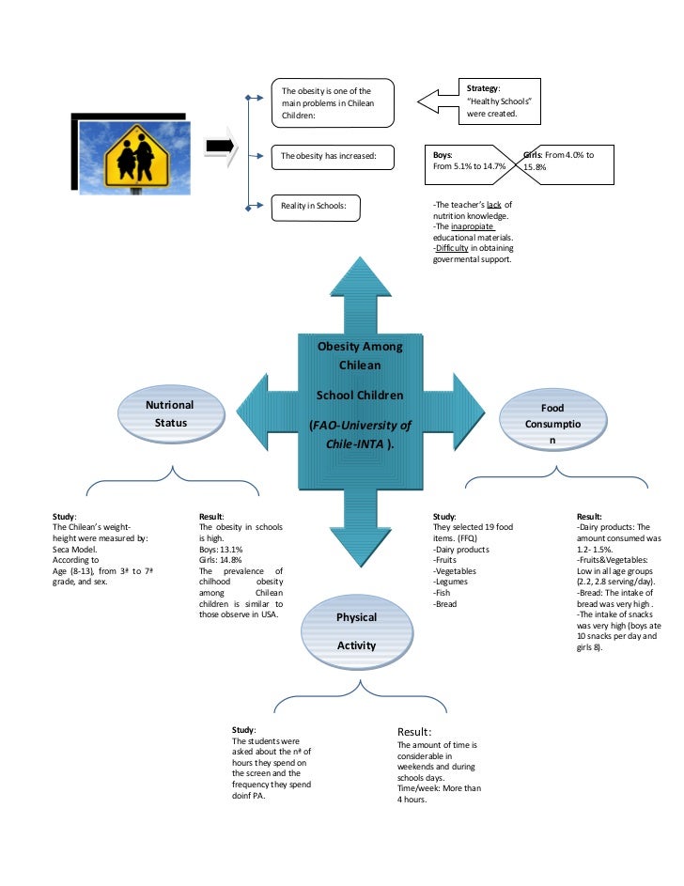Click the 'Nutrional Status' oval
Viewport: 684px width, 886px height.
(x=169, y=413)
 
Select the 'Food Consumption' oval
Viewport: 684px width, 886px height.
(x=552, y=423)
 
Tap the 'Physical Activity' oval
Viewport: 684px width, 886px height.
(x=356, y=631)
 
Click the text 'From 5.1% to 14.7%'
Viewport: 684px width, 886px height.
(x=469, y=166)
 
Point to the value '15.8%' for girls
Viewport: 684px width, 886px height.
(x=535, y=167)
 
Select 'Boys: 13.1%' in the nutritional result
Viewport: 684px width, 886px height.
(x=222, y=550)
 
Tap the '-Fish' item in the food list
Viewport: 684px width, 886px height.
(x=443, y=592)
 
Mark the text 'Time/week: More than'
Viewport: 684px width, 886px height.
(x=439, y=788)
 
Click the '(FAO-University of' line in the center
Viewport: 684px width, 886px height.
(x=359, y=426)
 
